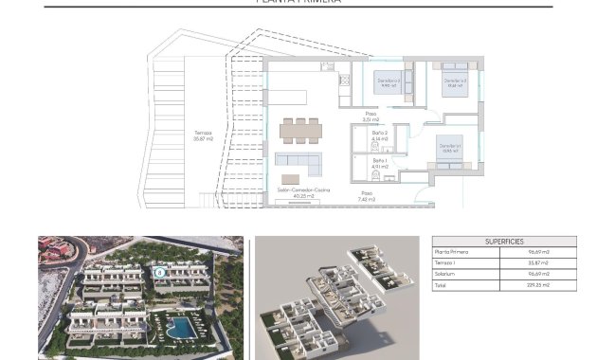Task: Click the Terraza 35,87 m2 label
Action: coord(203,135)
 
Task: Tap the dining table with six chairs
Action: coord(299,129)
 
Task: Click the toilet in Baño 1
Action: coord(375,177)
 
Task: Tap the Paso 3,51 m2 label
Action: coord(370,117)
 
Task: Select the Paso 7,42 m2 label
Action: coord(367,197)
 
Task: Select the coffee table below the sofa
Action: coord(291,178)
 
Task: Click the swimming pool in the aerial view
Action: coord(179,329)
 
